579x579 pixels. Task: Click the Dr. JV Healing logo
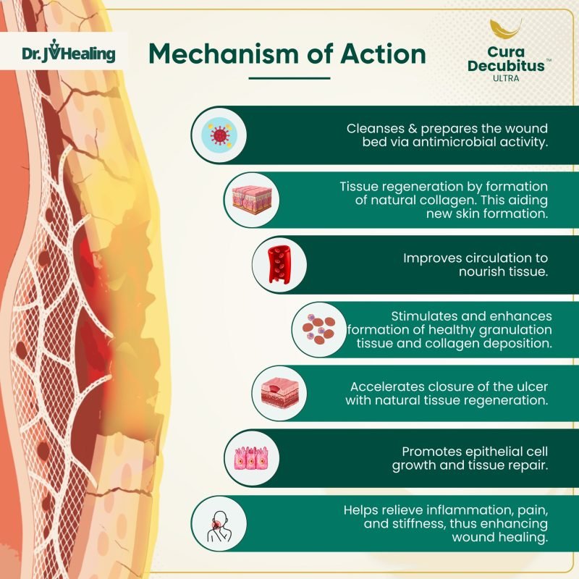[68, 54]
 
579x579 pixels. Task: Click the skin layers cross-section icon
[250, 199]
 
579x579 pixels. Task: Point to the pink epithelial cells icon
[250, 458]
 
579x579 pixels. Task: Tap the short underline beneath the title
[289, 78]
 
